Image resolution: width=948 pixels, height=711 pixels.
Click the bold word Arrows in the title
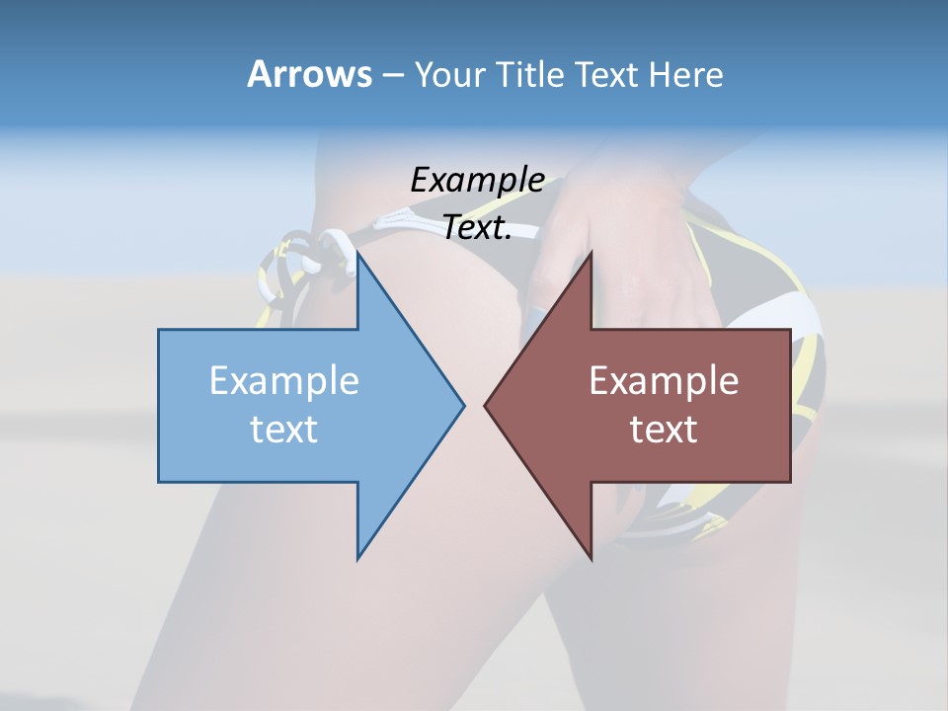click(x=308, y=74)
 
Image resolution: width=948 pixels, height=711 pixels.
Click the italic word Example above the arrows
click(x=477, y=180)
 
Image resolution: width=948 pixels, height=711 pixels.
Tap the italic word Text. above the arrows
click(x=477, y=227)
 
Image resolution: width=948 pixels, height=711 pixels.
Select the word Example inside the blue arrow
click(x=284, y=381)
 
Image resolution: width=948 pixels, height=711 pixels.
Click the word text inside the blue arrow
click(x=284, y=430)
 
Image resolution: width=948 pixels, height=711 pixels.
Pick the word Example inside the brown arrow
click(x=664, y=381)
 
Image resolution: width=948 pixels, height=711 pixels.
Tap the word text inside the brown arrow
click(x=664, y=430)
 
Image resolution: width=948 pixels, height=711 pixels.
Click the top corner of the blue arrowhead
click(x=358, y=253)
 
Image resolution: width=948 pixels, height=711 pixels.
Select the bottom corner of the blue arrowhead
click(x=358, y=558)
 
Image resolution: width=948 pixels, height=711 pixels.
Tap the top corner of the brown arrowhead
click(x=591, y=253)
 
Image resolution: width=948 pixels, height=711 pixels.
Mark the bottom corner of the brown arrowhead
click(x=591, y=558)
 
